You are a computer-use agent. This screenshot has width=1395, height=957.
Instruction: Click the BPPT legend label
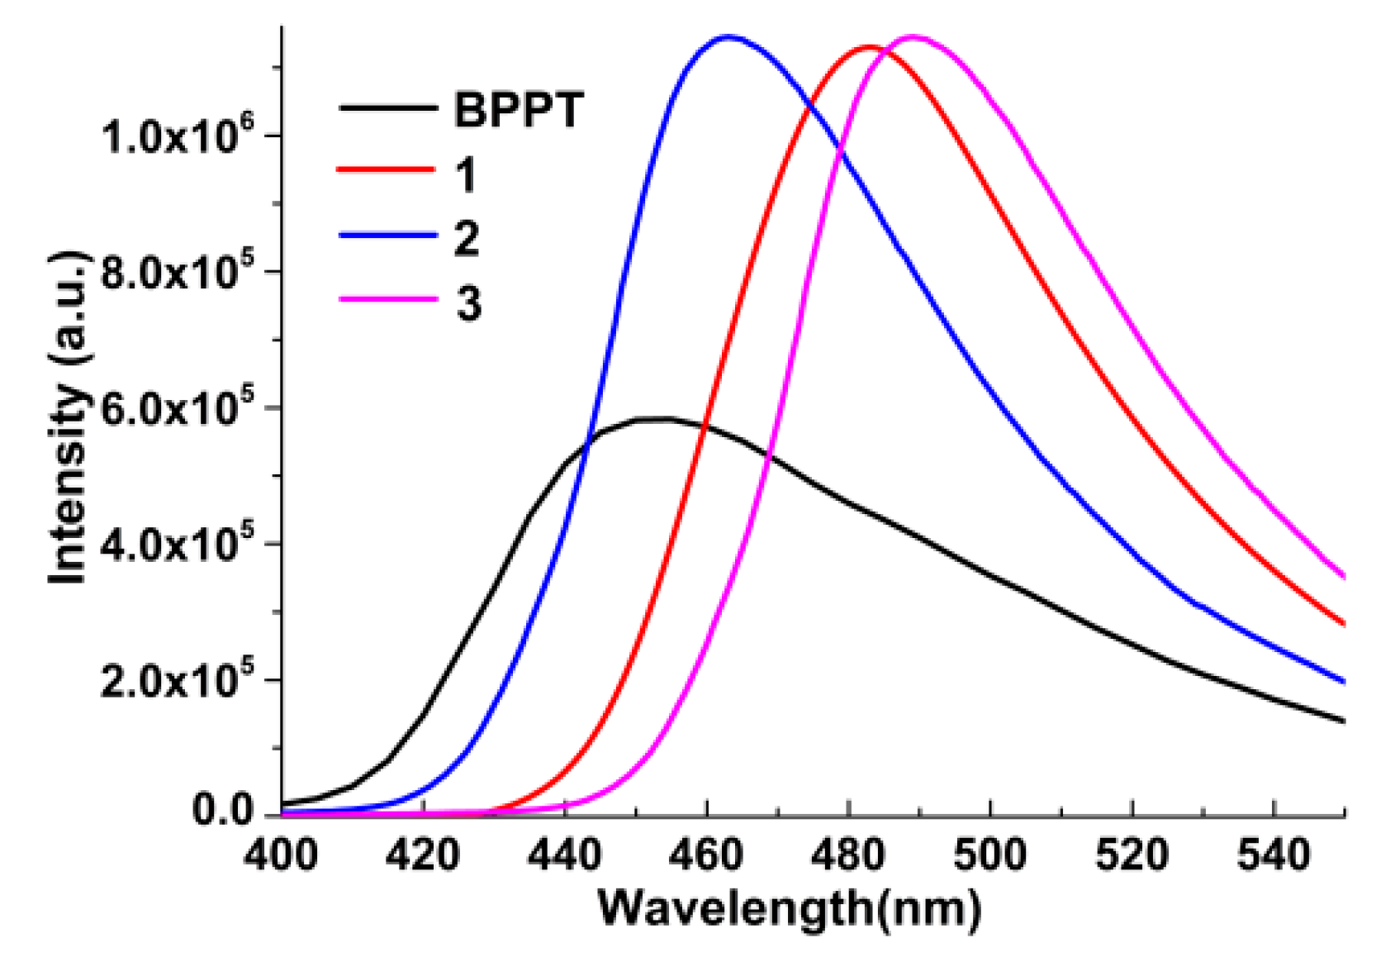point(519,109)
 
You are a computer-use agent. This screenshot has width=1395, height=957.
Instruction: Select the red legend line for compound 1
point(387,170)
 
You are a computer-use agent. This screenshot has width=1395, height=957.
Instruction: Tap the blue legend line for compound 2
point(387,236)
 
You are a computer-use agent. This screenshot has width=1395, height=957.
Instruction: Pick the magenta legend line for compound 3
point(387,299)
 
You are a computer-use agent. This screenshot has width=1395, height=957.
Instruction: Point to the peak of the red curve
point(869,47)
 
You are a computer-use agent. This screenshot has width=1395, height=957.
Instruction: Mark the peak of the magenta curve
point(915,36)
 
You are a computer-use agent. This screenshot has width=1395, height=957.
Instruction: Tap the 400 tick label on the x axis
point(281,855)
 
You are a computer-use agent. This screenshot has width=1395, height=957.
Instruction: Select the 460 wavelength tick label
point(706,855)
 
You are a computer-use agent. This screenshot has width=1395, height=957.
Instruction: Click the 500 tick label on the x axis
point(989,855)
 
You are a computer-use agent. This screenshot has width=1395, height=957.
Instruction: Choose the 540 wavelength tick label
point(1273,855)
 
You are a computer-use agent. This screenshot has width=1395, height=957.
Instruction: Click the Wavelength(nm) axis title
point(789,908)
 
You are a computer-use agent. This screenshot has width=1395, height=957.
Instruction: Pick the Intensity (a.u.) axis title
point(68,417)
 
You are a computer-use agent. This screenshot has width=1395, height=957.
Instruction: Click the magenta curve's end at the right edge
point(1344,576)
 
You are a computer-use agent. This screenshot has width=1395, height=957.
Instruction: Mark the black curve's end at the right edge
point(1344,721)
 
